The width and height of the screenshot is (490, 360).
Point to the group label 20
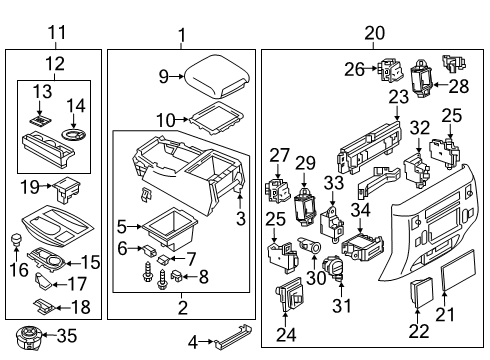(373, 33)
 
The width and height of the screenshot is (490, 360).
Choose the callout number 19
(31, 185)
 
